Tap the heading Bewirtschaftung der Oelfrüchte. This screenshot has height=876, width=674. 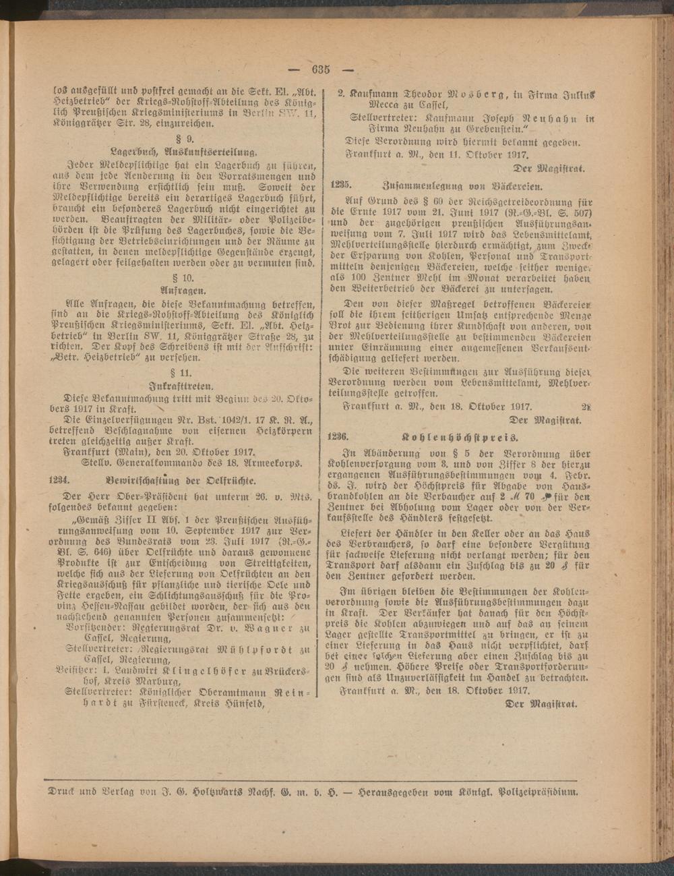[180, 480]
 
